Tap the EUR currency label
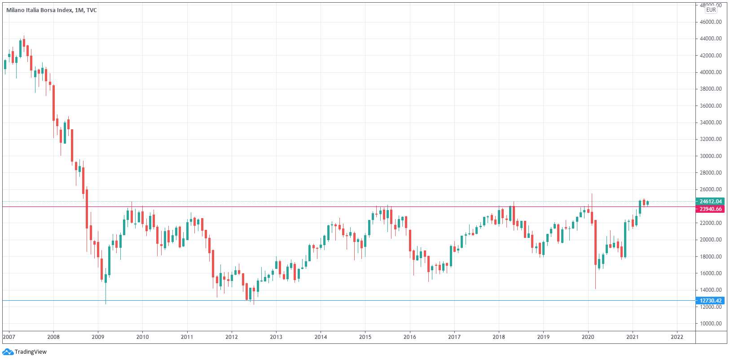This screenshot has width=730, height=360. tap(711, 10)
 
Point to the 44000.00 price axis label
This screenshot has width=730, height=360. tap(711, 39)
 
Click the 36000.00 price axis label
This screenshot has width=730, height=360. tap(711, 106)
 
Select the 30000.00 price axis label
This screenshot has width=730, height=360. tap(711, 156)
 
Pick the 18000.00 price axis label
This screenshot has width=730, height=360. tap(711, 257)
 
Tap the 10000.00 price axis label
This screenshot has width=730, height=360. tap(711, 324)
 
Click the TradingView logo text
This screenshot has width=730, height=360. tap(31, 352)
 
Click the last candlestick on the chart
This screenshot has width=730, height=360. tap(647, 203)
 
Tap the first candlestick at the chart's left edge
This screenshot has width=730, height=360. tap(5, 65)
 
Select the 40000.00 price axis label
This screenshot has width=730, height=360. tap(711, 72)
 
